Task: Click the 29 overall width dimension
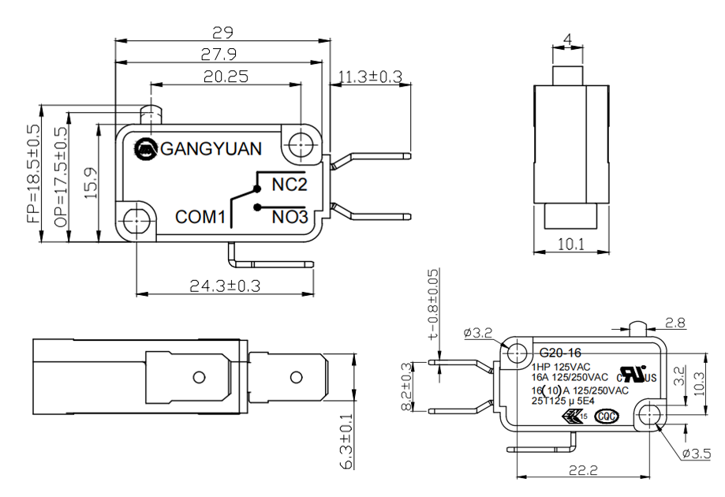pyautogui.click(x=222, y=32)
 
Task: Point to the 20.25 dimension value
pyautogui.click(x=226, y=77)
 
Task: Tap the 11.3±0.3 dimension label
pyautogui.click(x=370, y=77)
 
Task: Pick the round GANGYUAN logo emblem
pyautogui.click(x=146, y=148)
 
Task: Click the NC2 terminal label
pyautogui.click(x=288, y=185)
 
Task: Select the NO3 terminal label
pyautogui.click(x=289, y=215)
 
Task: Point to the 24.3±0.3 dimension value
pyautogui.click(x=225, y=285)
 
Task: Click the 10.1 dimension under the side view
pyautogui.click(x=570, y=245)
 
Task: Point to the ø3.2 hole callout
pyautogui.click(x=479, y=334)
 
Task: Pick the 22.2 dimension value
pyautogui.click(x=585, y=470)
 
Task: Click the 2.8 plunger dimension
pyautogui.click(x=675, y=322)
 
